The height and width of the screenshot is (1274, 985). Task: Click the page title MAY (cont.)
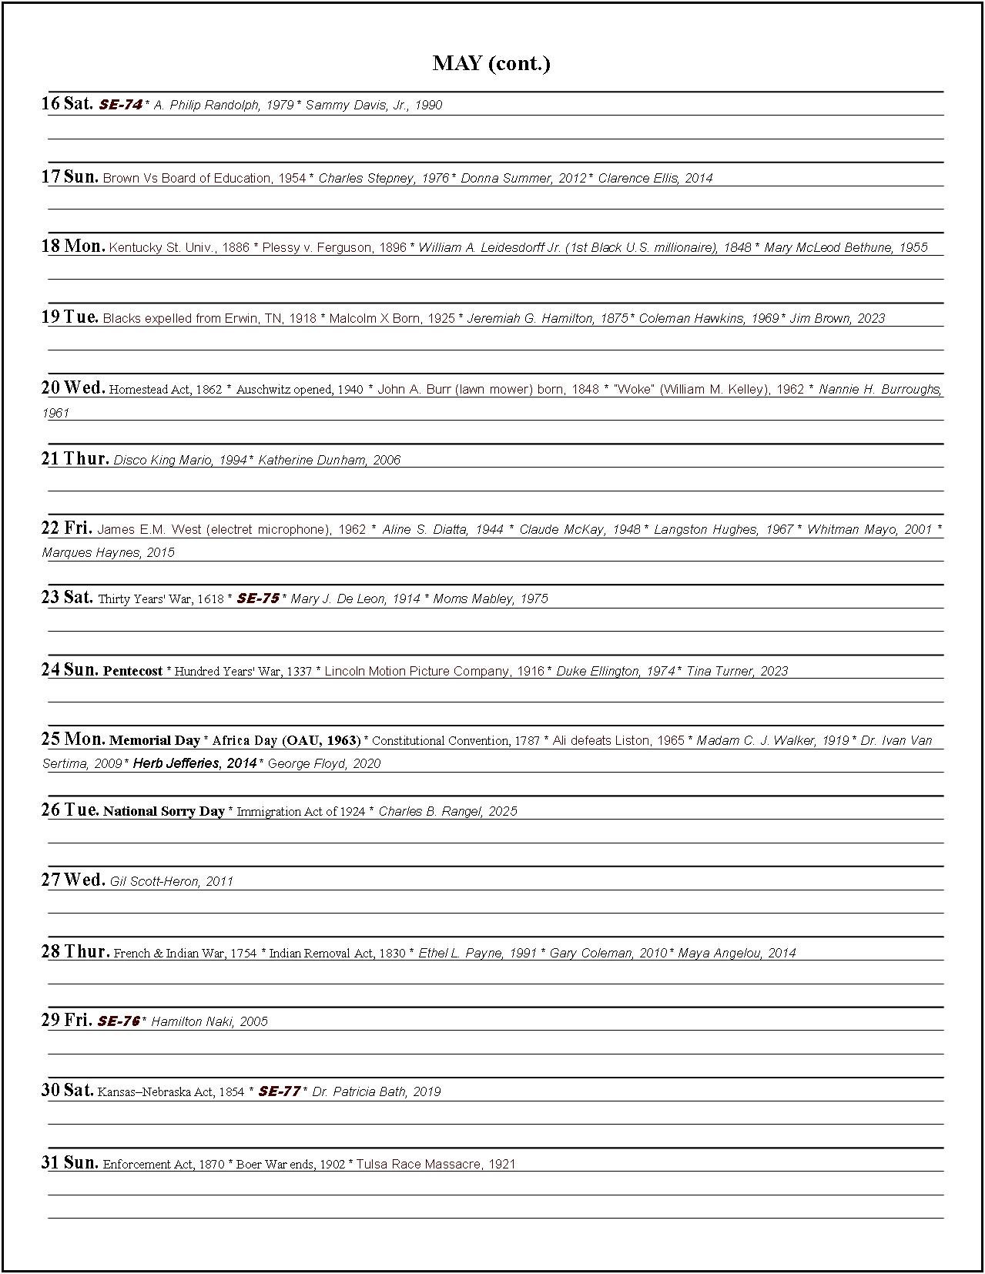pyautogui.click(x=491, y=63)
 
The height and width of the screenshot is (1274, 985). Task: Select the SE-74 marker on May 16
pyautogui.click(x=121, y=105)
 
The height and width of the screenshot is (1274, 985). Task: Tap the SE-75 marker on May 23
pyautogui.click(x=258, y=598)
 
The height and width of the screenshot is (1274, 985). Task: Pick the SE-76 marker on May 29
pyautogui.click(x=119, y=1021)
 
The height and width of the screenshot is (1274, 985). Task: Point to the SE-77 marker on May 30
pyautogui.click(x=279, y=1091)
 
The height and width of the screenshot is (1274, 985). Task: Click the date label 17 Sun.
pyautogui.click(x=69, y=176)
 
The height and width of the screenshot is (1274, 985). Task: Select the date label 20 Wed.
pyautogui.click(x=72, y=387)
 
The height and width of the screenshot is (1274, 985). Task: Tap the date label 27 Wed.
pyautogui.click(x=72, y=880)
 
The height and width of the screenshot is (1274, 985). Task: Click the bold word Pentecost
pyautogui.click(x=132, y=671)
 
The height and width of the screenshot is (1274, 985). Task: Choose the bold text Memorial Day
pyautogui.click(x=154, y=740)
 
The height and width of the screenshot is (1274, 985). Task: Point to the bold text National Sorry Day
pyautogui.click(x=163, y=811)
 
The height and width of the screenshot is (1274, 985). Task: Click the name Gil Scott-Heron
pyautogui.click(x=154, y=881)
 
